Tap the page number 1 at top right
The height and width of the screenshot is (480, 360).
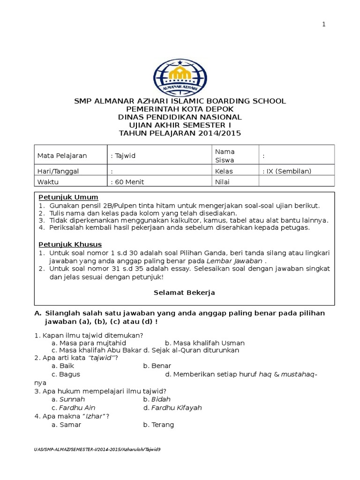coord(323,25)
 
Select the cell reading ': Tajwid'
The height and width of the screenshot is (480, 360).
coord(123,156)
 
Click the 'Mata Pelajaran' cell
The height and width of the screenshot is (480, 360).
coord(59,156)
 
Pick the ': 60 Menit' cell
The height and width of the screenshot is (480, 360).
coord(127,182)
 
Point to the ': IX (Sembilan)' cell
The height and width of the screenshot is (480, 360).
coord(287,171)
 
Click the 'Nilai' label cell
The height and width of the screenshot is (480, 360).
coord(222,182)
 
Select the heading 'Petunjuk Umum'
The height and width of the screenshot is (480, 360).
coord(68,197)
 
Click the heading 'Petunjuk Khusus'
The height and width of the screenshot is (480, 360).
coord(70,244)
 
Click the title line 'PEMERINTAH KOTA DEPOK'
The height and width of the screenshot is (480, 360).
coord(180,109)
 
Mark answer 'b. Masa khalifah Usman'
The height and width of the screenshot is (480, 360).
coord(205,343)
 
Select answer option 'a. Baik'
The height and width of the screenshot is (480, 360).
coord(63,366)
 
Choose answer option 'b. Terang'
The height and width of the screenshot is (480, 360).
coord(158,425)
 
